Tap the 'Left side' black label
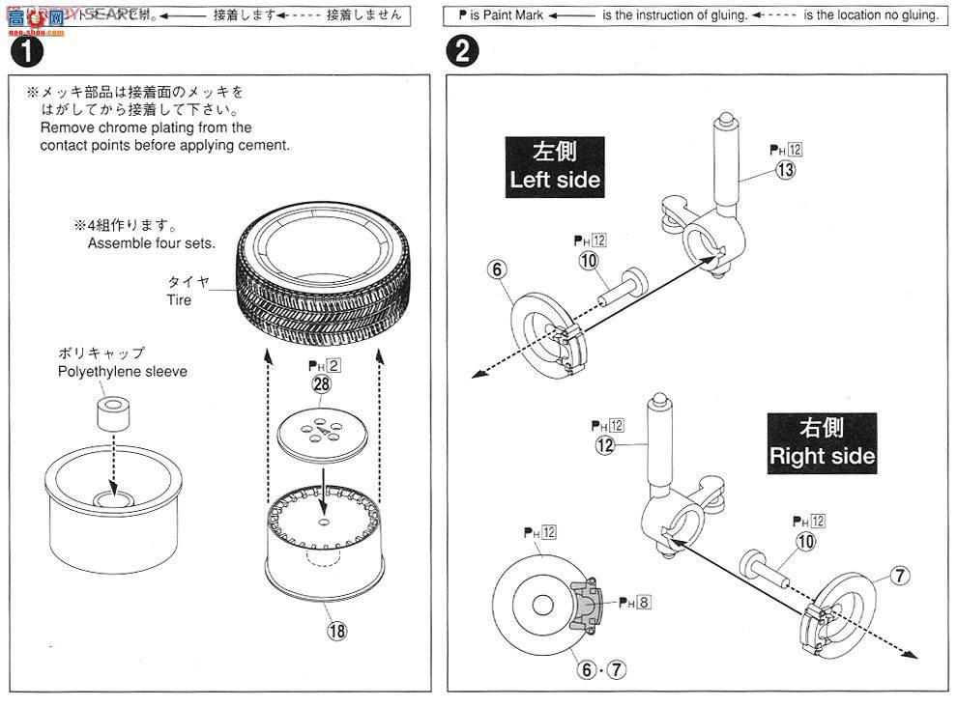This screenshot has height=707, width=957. [x=555, y=166]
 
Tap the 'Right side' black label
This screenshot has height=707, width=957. [x=822, y=441]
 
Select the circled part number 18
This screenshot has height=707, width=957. [x=336, y=630]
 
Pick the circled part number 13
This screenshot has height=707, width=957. [x=785, y=170]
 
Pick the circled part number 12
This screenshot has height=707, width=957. [x=606, y=445]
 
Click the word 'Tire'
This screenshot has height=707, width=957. [x=179, y=300]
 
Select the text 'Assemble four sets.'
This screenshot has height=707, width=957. [x=152, y=243]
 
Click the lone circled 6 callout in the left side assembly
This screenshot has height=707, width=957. [x=496, y=269]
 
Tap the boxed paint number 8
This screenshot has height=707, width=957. [x=644, y=603]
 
